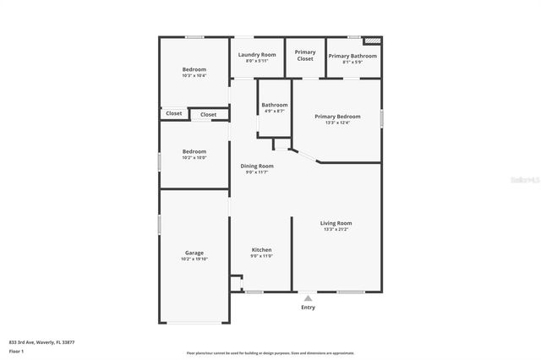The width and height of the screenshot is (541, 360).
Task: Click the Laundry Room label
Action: [257, 54]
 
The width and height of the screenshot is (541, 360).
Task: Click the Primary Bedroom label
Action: [337, 117]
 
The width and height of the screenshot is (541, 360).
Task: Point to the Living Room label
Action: [336, 223]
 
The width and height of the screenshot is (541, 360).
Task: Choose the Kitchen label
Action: [262, 249]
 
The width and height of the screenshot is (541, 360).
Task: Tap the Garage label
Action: [194, 253]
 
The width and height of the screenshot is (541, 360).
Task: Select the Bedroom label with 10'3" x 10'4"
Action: [194, 69]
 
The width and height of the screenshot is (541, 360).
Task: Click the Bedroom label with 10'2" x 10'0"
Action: [194, 151]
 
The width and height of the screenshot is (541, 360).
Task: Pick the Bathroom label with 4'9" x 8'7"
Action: [275, 105]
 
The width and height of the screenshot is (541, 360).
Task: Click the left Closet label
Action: [173, 113]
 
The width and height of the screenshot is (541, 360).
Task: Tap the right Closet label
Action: [208, 114]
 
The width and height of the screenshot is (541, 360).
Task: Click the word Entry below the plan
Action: [309, 307]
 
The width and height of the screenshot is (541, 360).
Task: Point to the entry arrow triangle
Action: [309, 297]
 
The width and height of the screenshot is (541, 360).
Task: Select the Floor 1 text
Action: [17, 351]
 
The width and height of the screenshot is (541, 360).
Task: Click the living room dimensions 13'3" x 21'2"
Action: [336, 229]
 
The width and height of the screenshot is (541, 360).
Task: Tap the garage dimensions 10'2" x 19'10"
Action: [194, 259]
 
